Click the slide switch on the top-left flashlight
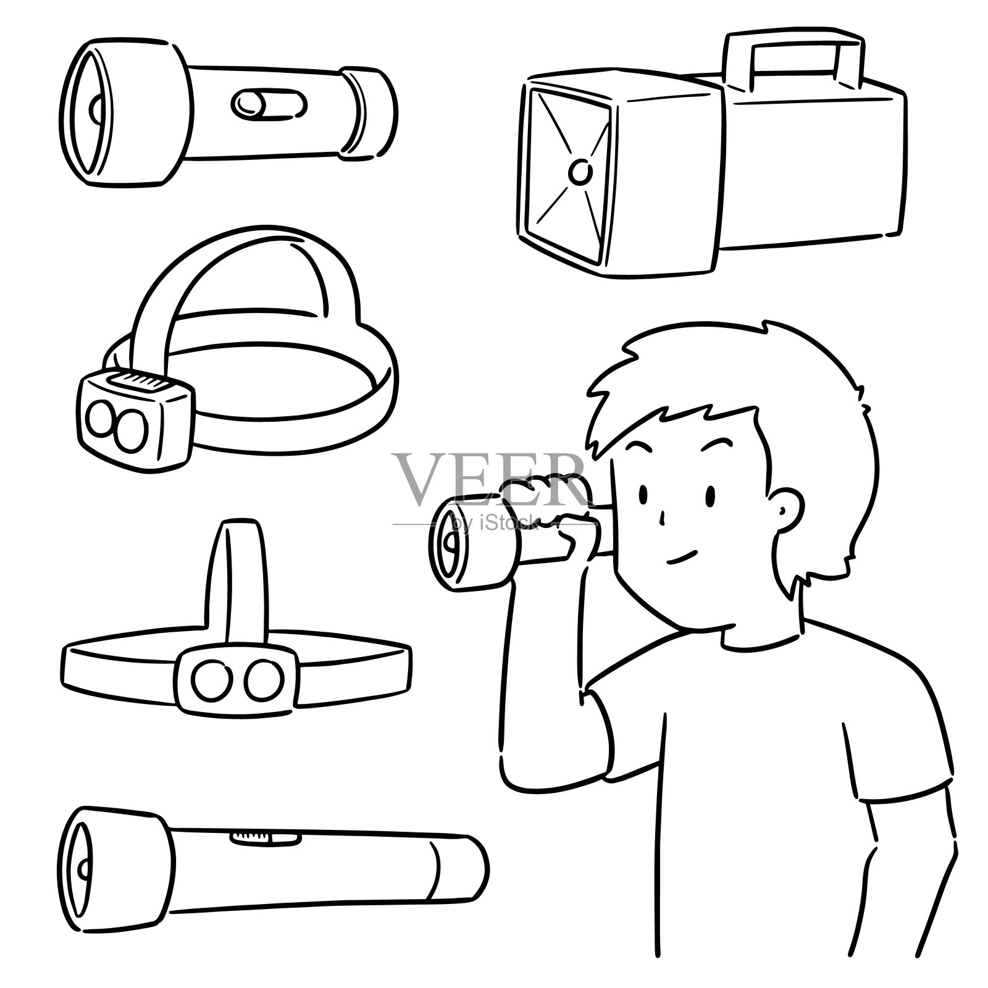click(x=269, y=104)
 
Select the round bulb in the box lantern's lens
click(x=579, y=172)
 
